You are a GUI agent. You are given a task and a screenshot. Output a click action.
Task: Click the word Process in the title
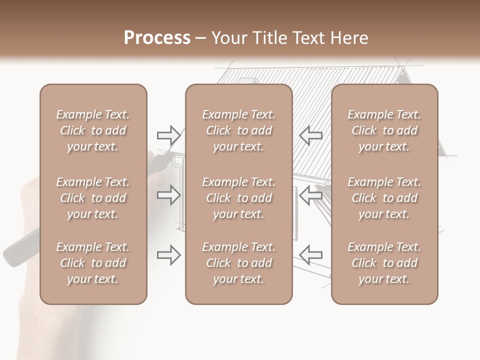click(157, 38)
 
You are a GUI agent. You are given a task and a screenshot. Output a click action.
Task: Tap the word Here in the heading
click(351, 38)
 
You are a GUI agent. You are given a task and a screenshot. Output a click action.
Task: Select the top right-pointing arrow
click(168, 134)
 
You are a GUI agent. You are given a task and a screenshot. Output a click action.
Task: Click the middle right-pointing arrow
click(168, 195)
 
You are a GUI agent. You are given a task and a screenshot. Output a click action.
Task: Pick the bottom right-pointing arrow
click(168, 255)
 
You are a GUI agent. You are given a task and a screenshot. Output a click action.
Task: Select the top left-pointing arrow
click(310, 134)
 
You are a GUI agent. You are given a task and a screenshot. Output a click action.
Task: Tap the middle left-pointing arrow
click(310, 195)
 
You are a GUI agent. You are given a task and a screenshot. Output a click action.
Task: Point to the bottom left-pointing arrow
click(310, 255)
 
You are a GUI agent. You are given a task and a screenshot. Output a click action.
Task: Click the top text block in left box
click(93, 130)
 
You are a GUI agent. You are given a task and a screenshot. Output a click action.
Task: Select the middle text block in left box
click(93, 198)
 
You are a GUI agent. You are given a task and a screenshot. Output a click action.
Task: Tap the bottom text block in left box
click(93, 263)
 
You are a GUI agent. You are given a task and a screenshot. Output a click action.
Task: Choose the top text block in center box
click(239, 130)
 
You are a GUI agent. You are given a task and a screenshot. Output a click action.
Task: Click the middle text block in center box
click(239, 198)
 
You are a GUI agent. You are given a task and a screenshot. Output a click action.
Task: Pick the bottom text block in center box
click(239, 263)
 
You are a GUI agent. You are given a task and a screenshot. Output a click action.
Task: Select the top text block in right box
click(384, 130)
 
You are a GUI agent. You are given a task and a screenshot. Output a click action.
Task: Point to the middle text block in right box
click(384, 198)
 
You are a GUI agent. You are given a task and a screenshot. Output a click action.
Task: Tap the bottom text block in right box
click(384, 263)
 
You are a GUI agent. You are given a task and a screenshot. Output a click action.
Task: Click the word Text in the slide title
click(312, 38)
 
